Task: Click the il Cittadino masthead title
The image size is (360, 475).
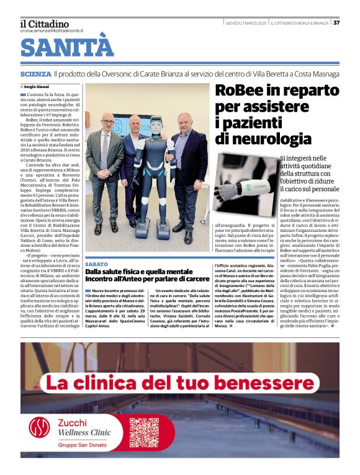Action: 45,24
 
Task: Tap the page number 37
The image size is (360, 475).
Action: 336,23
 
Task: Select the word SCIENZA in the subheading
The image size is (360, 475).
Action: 35,74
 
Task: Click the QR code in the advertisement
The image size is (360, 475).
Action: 143,432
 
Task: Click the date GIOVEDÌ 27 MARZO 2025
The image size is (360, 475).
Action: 246,23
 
